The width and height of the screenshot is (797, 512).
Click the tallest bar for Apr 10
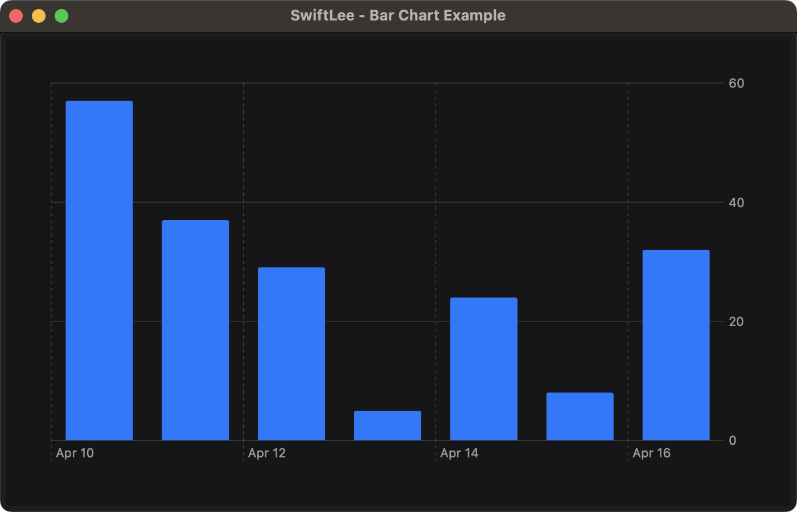tap(99, 270)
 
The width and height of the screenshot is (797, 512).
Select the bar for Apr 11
tap(195, 330)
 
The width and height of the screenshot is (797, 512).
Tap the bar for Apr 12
tap(291, 353)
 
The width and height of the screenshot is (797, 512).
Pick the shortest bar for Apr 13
tap(388, 426)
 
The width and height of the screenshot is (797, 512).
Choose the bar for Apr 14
tap(484, 369)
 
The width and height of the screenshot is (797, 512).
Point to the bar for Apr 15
tap(580, 416)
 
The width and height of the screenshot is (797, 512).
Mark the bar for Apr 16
tap(676, 345)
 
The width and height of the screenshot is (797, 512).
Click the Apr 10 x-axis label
tap(75, 453)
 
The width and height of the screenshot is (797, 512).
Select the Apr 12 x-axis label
tap(267, 453)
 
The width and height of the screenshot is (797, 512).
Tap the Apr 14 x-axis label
tap(459, 453)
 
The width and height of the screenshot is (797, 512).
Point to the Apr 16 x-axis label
tap(652, 453)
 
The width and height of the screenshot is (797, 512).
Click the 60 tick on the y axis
tap(736, 84)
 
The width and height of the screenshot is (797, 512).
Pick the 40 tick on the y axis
tap(736, 203)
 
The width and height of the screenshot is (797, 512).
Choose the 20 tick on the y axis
tap(736, 321)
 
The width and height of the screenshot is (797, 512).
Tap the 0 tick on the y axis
tap(732, 440)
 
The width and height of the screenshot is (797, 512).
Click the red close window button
tap(16, 16)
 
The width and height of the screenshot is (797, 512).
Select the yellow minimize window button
tap(39, 16)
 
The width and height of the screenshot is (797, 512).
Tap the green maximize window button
tap(61, 16)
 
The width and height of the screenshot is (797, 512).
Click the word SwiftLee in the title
tap(322, 15)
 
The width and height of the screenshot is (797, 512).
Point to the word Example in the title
tap(476, 15)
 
